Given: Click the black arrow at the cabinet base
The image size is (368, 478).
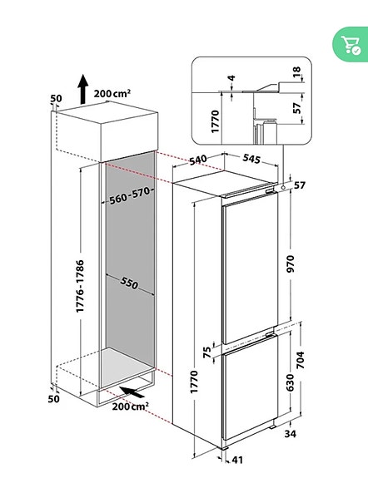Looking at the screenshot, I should coord(131,391).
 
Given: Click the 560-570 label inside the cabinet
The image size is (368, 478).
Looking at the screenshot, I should coord(132,197).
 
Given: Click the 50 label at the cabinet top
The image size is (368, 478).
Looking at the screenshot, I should coord(56,99).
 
